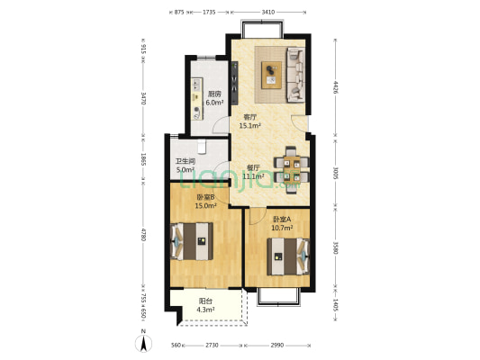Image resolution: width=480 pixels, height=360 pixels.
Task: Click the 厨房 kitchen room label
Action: pos(214,94)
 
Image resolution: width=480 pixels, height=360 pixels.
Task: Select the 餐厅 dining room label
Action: pos(254,167)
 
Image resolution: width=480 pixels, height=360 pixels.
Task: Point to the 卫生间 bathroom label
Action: pos(186,162)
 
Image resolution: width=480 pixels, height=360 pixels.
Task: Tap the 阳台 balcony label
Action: pos(205,301)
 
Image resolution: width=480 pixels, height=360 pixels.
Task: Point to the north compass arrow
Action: pos(143,341)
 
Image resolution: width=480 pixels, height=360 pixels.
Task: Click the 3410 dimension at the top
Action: pos(268,12)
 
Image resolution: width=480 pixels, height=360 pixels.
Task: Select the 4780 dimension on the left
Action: pos(142,241)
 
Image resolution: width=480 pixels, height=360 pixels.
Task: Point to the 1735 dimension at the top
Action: pos(209,12)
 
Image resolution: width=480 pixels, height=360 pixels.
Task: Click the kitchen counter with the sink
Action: pos(196,96)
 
